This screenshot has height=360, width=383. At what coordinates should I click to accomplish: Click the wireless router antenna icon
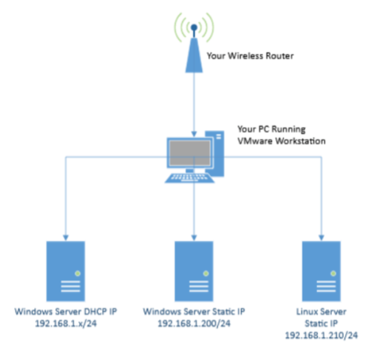pyautogui.click(x=194, y=47)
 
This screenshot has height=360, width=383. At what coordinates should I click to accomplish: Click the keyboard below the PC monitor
pyautogui.click(x=191, y=177)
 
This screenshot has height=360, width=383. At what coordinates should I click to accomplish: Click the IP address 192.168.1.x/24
pyautogui.click(x=64, y=325)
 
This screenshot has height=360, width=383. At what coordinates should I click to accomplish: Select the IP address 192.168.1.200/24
pyautogui.click(x=193, y=325)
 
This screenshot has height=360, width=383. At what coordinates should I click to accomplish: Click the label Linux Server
pyautogui.click(x=322, y=313)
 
